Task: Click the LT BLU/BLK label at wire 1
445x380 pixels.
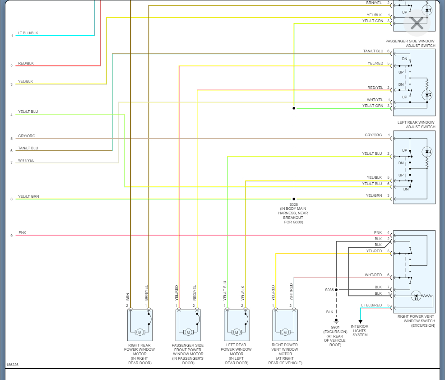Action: point(28,33)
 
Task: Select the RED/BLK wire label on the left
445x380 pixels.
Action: point(26,63)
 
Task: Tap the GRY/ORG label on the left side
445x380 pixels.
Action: point(26,136)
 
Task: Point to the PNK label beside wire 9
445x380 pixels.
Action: point(22,233)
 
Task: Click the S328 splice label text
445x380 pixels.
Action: point(294,204)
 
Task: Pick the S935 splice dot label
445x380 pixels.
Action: point(329,290)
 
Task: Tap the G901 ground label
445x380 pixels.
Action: point(335,327)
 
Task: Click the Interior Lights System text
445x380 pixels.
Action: point(360,330)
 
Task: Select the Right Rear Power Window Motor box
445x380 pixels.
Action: point(139,325)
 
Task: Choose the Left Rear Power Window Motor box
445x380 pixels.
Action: point(236,325)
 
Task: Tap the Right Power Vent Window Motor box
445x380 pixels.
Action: point(285,325)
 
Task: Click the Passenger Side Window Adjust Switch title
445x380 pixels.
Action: point(410,43)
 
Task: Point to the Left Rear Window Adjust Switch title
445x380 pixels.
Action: point(416,125)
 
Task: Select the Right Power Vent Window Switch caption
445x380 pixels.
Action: point(416,321)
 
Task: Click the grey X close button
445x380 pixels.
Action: point(417,23)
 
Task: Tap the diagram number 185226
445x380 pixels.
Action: point(12,365)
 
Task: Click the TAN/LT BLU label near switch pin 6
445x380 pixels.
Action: point(373,51)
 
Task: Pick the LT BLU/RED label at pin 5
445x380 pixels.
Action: point(371,306)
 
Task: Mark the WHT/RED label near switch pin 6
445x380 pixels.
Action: point(373,275)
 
